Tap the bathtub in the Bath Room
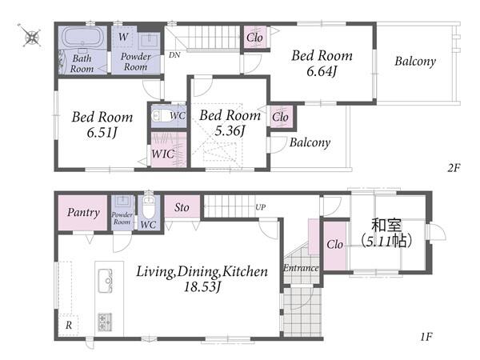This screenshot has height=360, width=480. pos(82,37)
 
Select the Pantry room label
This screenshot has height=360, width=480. pos(83,212)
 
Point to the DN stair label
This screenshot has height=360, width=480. pos(174,55)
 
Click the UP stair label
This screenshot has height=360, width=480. pos(260,207)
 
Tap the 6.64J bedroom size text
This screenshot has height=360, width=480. pos(322,72)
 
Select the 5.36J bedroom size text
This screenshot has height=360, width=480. pos(230,131)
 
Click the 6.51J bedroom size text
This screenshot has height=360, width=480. pos(102,133)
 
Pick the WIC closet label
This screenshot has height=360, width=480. pos(163,154)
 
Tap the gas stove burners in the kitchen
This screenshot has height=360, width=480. pos(105,322)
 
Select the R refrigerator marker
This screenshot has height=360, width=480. pos(69,325)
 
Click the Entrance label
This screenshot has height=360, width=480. pos(301,268)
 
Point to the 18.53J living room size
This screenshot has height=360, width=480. pos(202,287)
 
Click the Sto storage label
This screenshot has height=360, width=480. pos(182,207)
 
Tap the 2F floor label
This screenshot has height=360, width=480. pos(454,168)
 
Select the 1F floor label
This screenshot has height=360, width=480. pos(426,337)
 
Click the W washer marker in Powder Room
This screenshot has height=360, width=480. pos(123,37)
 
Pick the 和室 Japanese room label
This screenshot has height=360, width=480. pos(386,225)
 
